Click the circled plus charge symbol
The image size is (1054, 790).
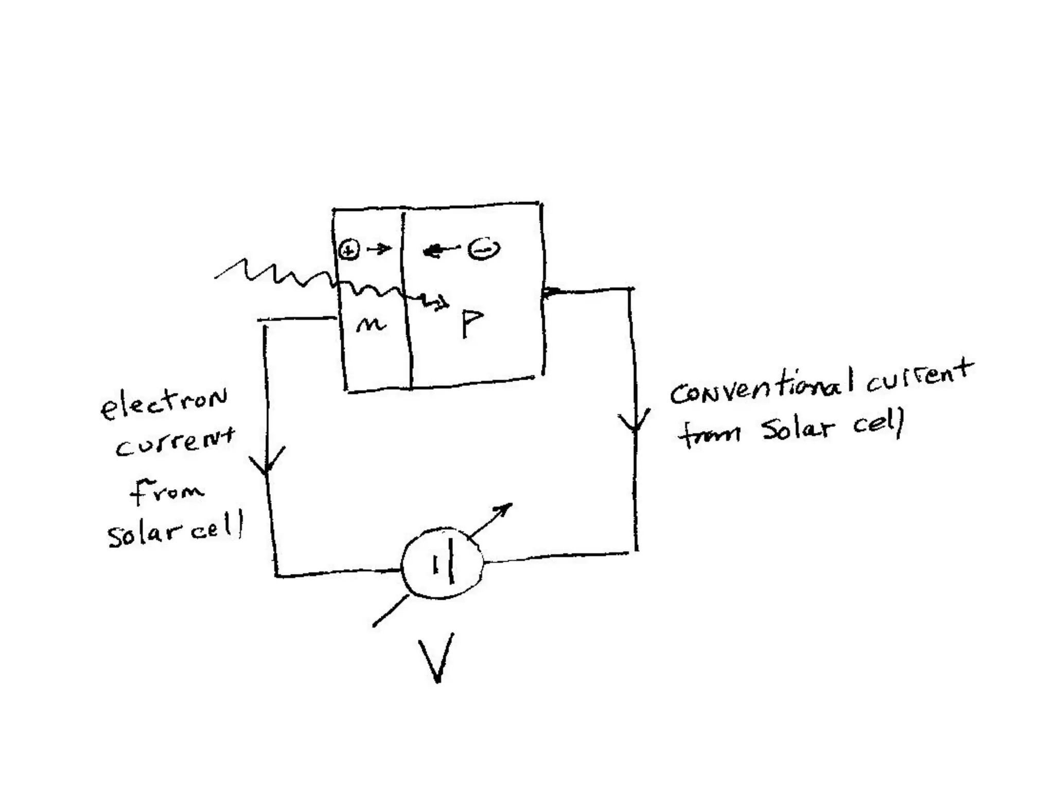click(x=349, y=250)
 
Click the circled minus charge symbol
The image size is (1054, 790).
click(x=483, y=250)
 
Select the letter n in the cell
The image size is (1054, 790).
click(x=371, y=324)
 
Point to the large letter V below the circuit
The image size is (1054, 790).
click(x=436, y=658)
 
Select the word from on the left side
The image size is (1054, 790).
click(x=166, y=491)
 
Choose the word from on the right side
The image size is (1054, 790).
click(x=709, y=435)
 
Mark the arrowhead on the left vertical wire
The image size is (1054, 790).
click(x=267, y=460)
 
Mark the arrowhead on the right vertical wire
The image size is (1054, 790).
click(x=635, y=422)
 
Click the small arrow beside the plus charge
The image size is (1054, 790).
click(x=380, y=249)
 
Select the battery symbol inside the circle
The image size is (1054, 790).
click(x=444, y=563)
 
